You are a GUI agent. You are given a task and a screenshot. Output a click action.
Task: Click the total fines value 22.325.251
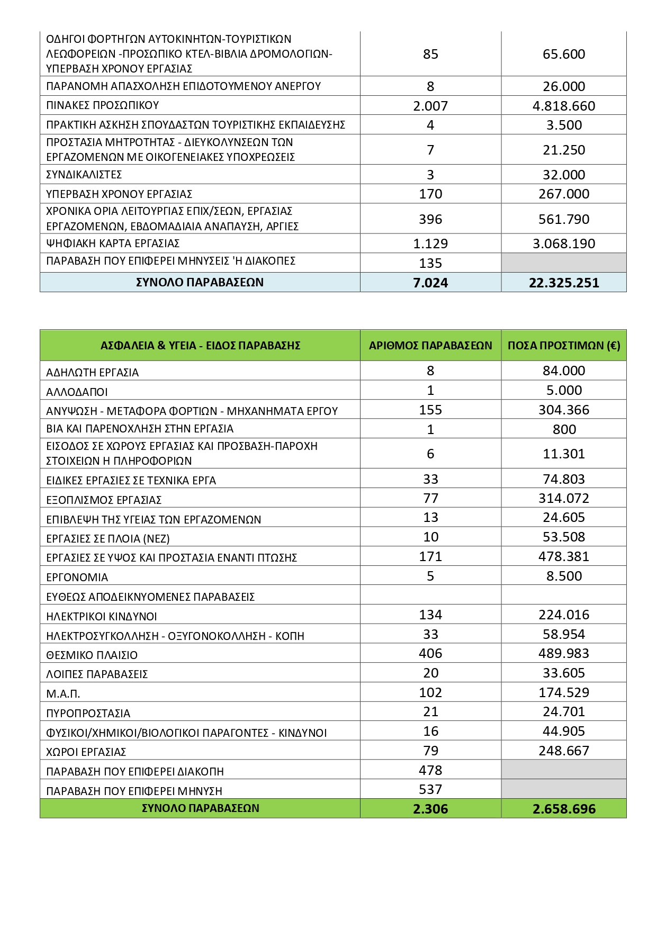(564, 283)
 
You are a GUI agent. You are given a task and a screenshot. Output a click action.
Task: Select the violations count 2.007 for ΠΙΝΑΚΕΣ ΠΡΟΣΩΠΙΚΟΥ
(430, 106)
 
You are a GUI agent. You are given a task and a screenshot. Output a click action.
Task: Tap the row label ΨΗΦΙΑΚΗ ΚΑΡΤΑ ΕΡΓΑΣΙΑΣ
(113, 243)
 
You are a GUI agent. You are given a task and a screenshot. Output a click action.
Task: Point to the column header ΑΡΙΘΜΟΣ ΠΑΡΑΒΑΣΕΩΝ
(430, 346)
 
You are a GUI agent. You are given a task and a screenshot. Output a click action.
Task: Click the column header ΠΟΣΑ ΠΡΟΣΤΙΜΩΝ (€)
(564, 346)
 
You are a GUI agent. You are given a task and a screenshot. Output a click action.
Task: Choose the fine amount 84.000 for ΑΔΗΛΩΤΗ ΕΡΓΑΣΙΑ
(564, 371)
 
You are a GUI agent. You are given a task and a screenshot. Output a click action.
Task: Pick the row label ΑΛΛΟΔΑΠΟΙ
(77, 392)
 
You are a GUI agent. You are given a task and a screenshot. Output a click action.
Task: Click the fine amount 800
(564, 429)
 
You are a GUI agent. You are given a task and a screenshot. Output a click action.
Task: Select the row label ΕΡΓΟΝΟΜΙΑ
(77, 578)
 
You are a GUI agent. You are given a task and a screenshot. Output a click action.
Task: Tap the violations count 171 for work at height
(430, 556)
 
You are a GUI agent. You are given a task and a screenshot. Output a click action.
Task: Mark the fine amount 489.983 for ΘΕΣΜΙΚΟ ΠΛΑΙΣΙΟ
(564, 654)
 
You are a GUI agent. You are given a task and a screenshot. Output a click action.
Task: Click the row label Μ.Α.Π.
(63, 694)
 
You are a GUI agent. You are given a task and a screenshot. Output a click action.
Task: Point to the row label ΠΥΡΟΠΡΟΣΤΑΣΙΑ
(88, 714)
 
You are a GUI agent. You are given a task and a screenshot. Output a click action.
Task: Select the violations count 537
(430, 790)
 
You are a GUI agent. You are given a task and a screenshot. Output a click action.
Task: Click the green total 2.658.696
(564, 809)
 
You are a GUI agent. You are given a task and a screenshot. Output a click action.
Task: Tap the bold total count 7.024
(430, 283)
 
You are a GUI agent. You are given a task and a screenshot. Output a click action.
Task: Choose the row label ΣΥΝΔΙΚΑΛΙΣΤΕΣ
(84, 175)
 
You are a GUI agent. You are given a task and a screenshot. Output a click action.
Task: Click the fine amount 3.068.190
(564, 244)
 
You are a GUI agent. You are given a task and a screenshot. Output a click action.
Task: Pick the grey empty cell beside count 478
(564, 770)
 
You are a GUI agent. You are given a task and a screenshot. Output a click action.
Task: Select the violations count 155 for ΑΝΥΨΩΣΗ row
(430, 410)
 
